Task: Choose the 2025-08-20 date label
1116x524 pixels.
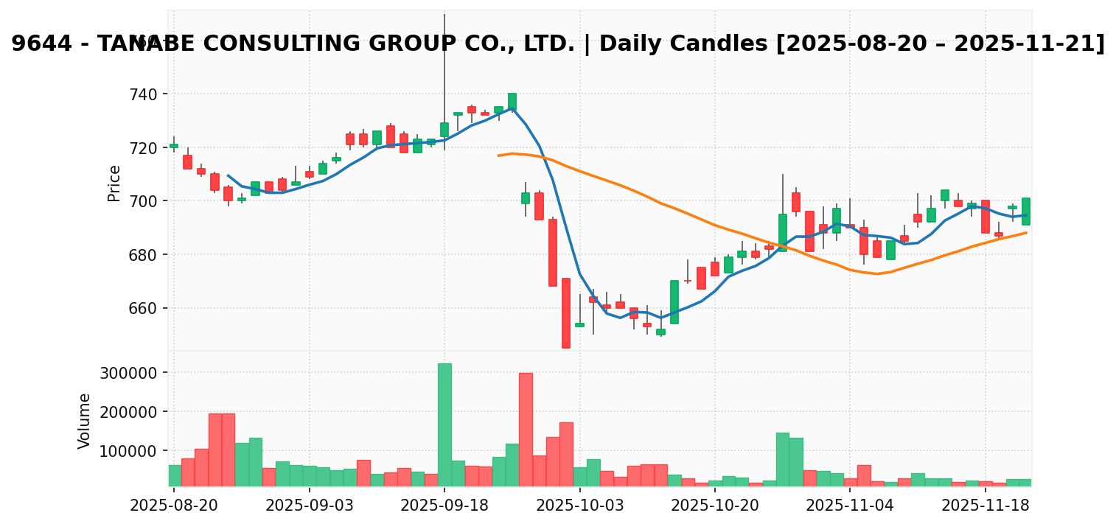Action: pos(174,506)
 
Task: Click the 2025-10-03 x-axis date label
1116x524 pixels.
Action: pos(580,506)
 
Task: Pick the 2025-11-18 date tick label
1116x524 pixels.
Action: pos(986,506)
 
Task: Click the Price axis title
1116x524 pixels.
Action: pos(114,183)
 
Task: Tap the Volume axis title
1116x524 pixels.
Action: pos(85,421)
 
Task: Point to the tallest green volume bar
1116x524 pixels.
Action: pos(444,425)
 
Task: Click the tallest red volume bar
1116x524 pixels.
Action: pos(526,429)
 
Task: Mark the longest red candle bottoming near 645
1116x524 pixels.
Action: pos(566,312)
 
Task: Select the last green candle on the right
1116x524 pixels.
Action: pos(1026,211)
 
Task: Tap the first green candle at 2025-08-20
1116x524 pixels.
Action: pos(174,146)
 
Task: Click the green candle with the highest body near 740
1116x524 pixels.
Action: pos(512,102)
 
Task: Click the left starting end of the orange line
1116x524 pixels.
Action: pos(499,156)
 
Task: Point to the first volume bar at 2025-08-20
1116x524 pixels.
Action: pos(174,475)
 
